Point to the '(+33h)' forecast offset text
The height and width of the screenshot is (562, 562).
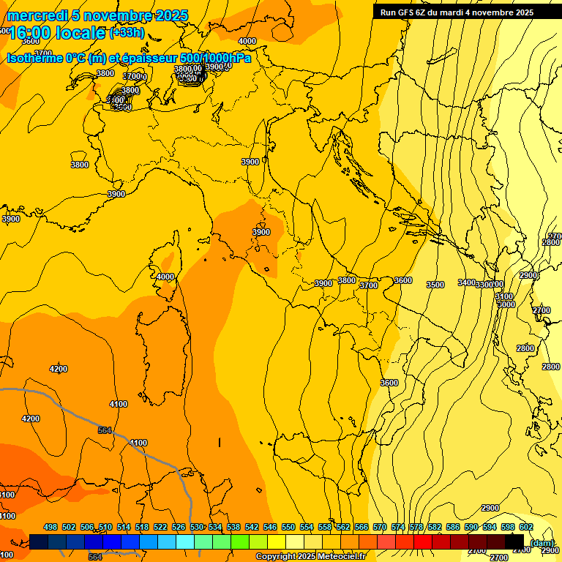[x=127, y=33]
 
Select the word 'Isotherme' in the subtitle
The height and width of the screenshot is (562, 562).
[x=34, y=58]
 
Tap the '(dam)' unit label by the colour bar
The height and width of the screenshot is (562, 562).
[x=542, y=543]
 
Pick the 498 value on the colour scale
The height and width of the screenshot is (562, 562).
[x=50, y=527]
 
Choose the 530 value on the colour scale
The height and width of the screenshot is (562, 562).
[x=197, y=527]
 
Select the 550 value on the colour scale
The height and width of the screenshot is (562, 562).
[x=288, y=527]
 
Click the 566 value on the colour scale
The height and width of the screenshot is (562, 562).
[x=361, y=527]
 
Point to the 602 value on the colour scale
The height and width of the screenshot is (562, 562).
[x=526, y=527]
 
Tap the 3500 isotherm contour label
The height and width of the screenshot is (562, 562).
[x=435, y=285]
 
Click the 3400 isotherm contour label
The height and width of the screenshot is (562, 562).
[x=466, y=282]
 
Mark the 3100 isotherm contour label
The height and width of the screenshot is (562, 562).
[x=504, y=296]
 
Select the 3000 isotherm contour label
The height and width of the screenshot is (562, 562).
[x=506, y=304]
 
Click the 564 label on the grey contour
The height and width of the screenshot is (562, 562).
[x=105, y=430]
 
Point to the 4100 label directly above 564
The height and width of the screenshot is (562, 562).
[x=118, y=404]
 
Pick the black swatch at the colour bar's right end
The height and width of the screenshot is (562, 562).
[x=514, y=542]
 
